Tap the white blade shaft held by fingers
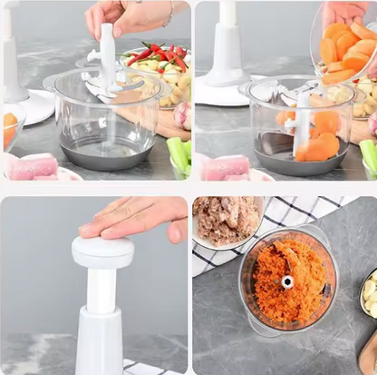[107, 56]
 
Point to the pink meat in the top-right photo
[225, 167]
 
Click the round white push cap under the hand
[102, 251]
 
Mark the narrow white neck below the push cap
[101, 291]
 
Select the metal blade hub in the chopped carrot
[287, 281]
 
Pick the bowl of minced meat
[227, 221]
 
